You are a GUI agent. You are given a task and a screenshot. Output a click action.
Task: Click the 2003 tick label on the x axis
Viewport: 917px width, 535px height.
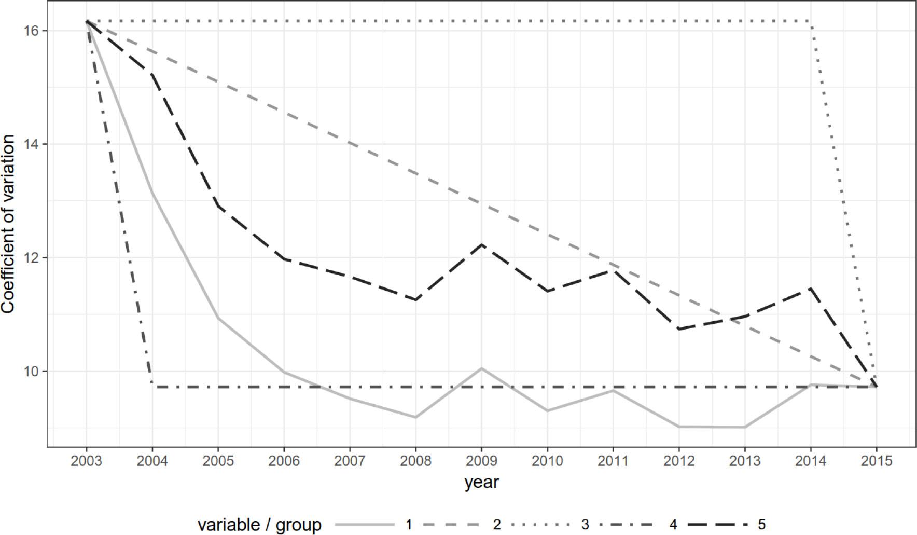tap(87, 461)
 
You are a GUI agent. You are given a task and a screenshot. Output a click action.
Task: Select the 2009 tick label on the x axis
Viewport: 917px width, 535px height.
tap(481, 461)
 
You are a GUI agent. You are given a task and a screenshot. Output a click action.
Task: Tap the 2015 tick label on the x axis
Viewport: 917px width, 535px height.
tap(877, 461)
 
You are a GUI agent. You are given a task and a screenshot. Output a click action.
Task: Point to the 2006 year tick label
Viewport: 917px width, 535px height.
tap(284, 461)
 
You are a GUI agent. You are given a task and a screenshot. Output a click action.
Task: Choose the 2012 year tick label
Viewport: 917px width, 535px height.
tap(679, 461)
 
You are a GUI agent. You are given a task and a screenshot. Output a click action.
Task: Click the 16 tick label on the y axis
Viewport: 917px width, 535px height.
tap(32, 31)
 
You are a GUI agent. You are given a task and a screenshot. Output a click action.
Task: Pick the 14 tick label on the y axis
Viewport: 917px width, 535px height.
tap(32, 144)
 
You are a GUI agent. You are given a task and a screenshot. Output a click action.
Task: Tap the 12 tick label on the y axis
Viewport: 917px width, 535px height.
tap(32, 258)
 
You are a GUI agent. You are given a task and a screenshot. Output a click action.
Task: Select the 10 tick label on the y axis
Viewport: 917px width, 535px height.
tap(32, 372)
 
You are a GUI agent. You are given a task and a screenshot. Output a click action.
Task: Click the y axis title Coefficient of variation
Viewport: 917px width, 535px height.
tap(8, 224)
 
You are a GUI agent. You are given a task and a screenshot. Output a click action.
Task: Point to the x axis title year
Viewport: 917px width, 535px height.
tap(481, 482)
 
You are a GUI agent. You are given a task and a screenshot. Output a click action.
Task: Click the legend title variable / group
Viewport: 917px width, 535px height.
tap(259, 525)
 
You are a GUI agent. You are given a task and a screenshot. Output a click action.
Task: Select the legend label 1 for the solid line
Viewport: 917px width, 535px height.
tap(409, 525)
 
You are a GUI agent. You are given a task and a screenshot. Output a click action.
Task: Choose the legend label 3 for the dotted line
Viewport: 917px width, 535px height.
tap(585, 525)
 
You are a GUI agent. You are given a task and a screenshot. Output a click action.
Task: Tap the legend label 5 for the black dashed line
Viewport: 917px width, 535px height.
tap(761, 525)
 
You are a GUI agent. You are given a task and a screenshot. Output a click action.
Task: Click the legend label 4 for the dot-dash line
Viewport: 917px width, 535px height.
tap(673, 525)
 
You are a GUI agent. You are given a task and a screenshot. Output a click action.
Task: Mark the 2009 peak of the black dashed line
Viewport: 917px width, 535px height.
tap(481, 244)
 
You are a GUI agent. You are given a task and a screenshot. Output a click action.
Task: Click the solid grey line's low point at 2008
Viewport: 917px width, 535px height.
tap(415, 417)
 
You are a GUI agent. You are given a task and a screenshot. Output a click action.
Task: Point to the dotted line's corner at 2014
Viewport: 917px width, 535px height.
tap(811, 21)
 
